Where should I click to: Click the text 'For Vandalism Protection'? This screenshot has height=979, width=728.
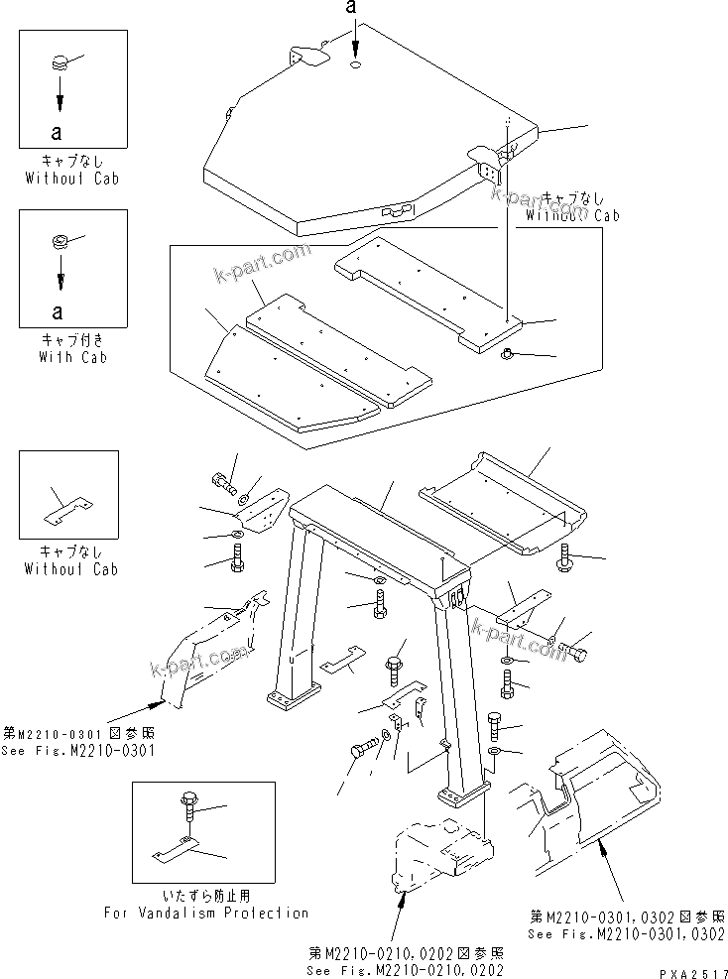coord(206,913)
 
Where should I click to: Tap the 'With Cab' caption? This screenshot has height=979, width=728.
coord(73,357)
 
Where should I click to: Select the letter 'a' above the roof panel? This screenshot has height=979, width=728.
coord(350,9)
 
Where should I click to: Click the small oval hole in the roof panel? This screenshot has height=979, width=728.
coord(356,66)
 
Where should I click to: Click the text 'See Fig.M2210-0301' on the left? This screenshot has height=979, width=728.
coord(78,750)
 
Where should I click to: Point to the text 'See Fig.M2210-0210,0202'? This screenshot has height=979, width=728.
coord(405,971)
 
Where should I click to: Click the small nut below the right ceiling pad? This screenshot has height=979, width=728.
coord(506,355)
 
